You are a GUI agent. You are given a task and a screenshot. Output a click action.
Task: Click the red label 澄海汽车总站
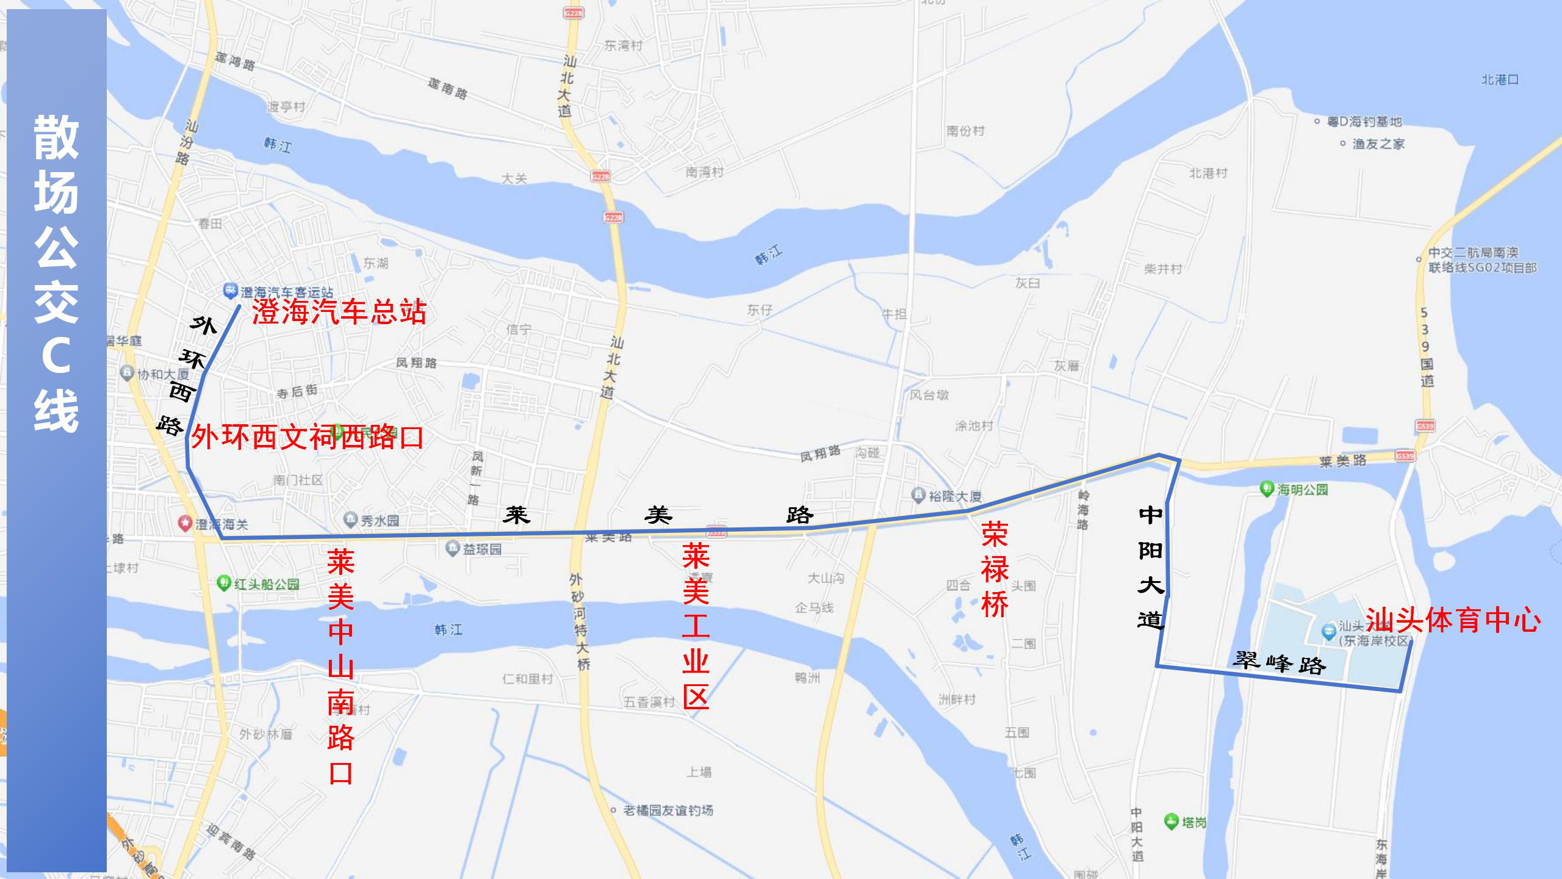pos(339,312)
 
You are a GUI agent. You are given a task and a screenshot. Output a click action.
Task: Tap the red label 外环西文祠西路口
pos(307,438)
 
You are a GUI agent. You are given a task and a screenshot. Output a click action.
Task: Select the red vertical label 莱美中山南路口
pos(340,666)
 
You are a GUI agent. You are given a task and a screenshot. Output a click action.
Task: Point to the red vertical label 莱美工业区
pos(696,625)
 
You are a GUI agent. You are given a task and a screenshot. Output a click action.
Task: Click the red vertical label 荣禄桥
pos(995,569)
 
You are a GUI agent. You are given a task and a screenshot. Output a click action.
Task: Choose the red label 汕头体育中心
pos(1453,620)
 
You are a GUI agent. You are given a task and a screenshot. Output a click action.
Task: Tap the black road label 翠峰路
pos(1279,662)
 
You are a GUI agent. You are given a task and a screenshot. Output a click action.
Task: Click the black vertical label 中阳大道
pos(1151,568)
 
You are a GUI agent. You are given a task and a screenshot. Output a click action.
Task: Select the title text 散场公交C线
pos(56,273)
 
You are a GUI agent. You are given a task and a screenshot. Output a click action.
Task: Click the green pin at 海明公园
pos(1267,488)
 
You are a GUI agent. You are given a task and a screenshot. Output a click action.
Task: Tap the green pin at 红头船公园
pos(223,582)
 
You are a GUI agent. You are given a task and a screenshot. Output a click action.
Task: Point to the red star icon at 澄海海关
pos(184,523)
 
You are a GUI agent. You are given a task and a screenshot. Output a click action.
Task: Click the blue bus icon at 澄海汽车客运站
pos(229,291)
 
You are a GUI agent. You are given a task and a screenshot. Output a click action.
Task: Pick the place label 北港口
pos(1500,80)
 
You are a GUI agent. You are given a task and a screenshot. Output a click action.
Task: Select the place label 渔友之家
pos(1378,144)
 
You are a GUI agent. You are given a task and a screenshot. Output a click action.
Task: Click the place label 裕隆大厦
pos(954,496)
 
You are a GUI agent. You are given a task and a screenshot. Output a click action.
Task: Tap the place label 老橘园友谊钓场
pos(668,810)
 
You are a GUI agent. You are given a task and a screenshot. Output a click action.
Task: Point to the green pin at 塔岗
pos(1171,821)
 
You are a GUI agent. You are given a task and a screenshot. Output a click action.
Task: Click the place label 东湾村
pos(623,45)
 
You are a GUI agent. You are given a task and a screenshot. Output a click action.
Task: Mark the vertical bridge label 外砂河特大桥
pos(580,621)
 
